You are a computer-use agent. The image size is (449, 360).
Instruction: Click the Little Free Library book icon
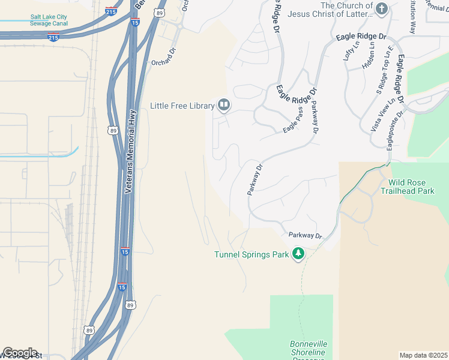point(224,106)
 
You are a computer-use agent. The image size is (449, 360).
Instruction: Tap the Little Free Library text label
point(182,106)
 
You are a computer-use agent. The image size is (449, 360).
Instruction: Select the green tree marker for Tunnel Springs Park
point(298,254)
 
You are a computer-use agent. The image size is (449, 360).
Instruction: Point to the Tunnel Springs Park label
point(252,254)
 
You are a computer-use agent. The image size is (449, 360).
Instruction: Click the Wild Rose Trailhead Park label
point(411,187)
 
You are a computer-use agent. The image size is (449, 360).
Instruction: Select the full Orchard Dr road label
point(165,62)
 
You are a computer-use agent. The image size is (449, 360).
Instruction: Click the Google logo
point(19,353)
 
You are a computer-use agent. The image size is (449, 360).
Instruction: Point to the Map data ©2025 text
point(423,355)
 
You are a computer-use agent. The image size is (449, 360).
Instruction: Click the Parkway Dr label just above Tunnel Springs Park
point(306,236)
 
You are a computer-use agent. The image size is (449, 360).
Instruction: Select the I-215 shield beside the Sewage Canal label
point(53,37)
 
